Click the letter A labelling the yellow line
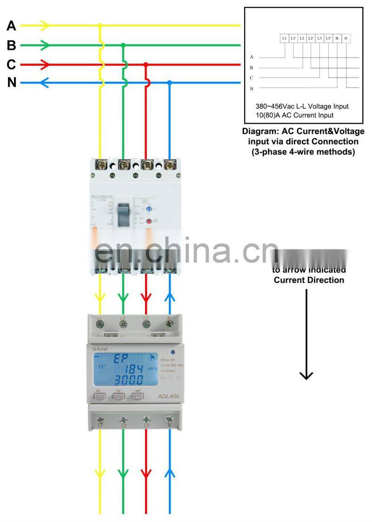pos(11,26)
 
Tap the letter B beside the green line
pos(11,45)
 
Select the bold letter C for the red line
pos(11,64)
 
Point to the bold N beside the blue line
pos(12,83)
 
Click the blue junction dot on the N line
pos(170,83)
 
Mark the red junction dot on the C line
pos(146,64)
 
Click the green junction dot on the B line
pos(123,45)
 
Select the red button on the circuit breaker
pos(150,222)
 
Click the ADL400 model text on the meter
pos(168,396)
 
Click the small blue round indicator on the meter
pos(173,352)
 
